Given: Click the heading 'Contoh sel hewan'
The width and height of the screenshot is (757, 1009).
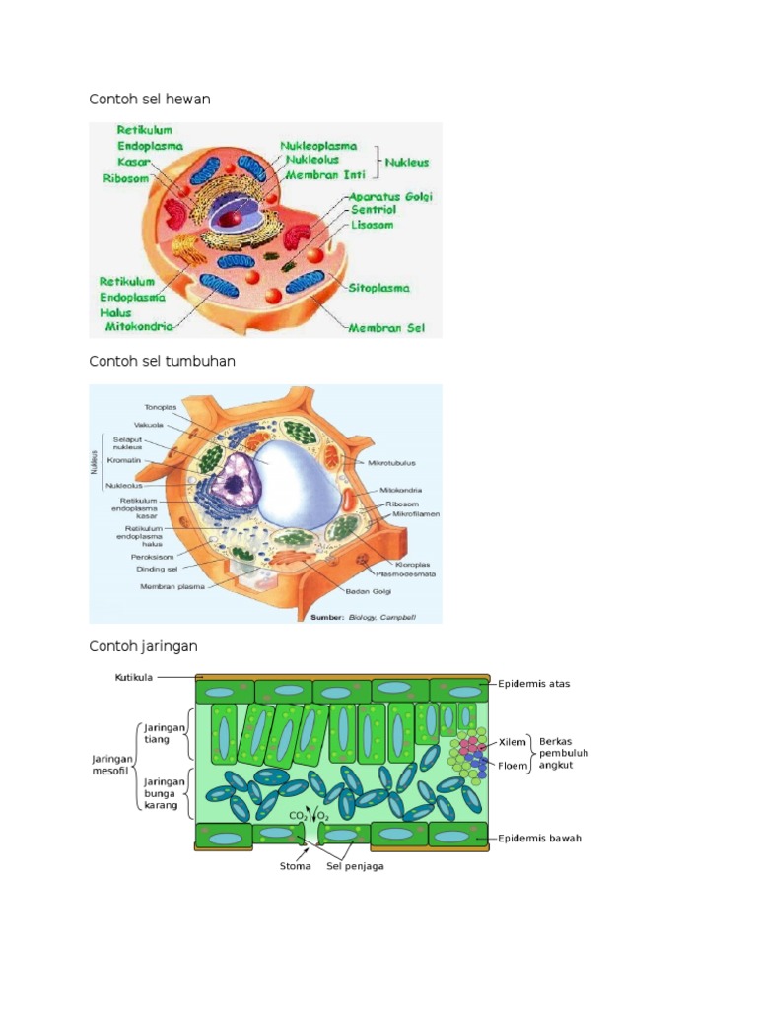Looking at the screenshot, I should tap(150, 100).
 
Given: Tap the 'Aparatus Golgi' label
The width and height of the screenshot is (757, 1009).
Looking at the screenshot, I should tap(391, 196).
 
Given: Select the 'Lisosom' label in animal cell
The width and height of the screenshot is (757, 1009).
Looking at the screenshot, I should tap(373, 225).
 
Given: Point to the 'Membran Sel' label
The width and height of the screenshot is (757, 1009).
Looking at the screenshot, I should tap(385, 327).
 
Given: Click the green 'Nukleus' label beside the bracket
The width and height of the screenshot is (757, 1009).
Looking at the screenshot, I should tap(406, 163).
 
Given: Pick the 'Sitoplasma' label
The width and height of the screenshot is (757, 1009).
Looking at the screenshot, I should tap(378, 288).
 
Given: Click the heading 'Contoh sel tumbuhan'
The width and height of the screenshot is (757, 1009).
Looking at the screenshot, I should tap(162, 361).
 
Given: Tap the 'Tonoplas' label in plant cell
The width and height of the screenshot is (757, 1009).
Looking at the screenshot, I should tap(161, 406).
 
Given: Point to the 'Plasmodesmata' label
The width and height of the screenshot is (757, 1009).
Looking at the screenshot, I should tap(404, 573).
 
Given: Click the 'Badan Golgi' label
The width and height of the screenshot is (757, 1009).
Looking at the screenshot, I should tap(364, 591).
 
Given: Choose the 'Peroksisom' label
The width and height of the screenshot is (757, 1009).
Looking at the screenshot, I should tap(153, 556).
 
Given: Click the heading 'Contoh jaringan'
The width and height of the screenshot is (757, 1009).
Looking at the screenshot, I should tap(143, 646).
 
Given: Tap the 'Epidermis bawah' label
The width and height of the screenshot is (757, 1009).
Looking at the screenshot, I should tap(539, 839).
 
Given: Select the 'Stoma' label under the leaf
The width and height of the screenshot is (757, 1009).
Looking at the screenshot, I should tap(295, 867).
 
